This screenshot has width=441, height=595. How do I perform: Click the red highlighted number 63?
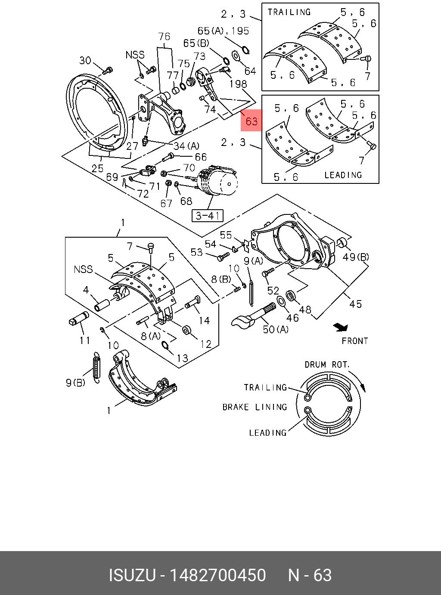tap(252, 121)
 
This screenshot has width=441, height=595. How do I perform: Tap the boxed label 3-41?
tap(208, 215)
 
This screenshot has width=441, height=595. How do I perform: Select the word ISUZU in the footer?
tap(131, 575)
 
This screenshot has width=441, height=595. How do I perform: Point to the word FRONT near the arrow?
tap(355, 341)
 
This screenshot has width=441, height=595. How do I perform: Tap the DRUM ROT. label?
tap(327, 365)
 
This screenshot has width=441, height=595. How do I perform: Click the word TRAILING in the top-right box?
tap(289, 12)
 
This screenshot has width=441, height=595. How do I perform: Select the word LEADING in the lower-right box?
tap(343, 175)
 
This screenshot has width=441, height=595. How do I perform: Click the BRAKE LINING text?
tap(255, 407)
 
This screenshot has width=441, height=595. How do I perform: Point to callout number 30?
tap(85, 61)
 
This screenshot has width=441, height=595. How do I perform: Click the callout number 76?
tap(164, 37)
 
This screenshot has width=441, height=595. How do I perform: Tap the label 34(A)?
tap(186, 146)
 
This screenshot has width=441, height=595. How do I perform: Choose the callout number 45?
tap(355, 304)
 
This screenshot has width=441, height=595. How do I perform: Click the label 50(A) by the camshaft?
tap(276, 329)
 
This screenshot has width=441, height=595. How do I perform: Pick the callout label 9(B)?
tap(75, 382)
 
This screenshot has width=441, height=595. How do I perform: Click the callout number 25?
tap(97, 168)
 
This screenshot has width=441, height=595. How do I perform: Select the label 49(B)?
tap(356, 257)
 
